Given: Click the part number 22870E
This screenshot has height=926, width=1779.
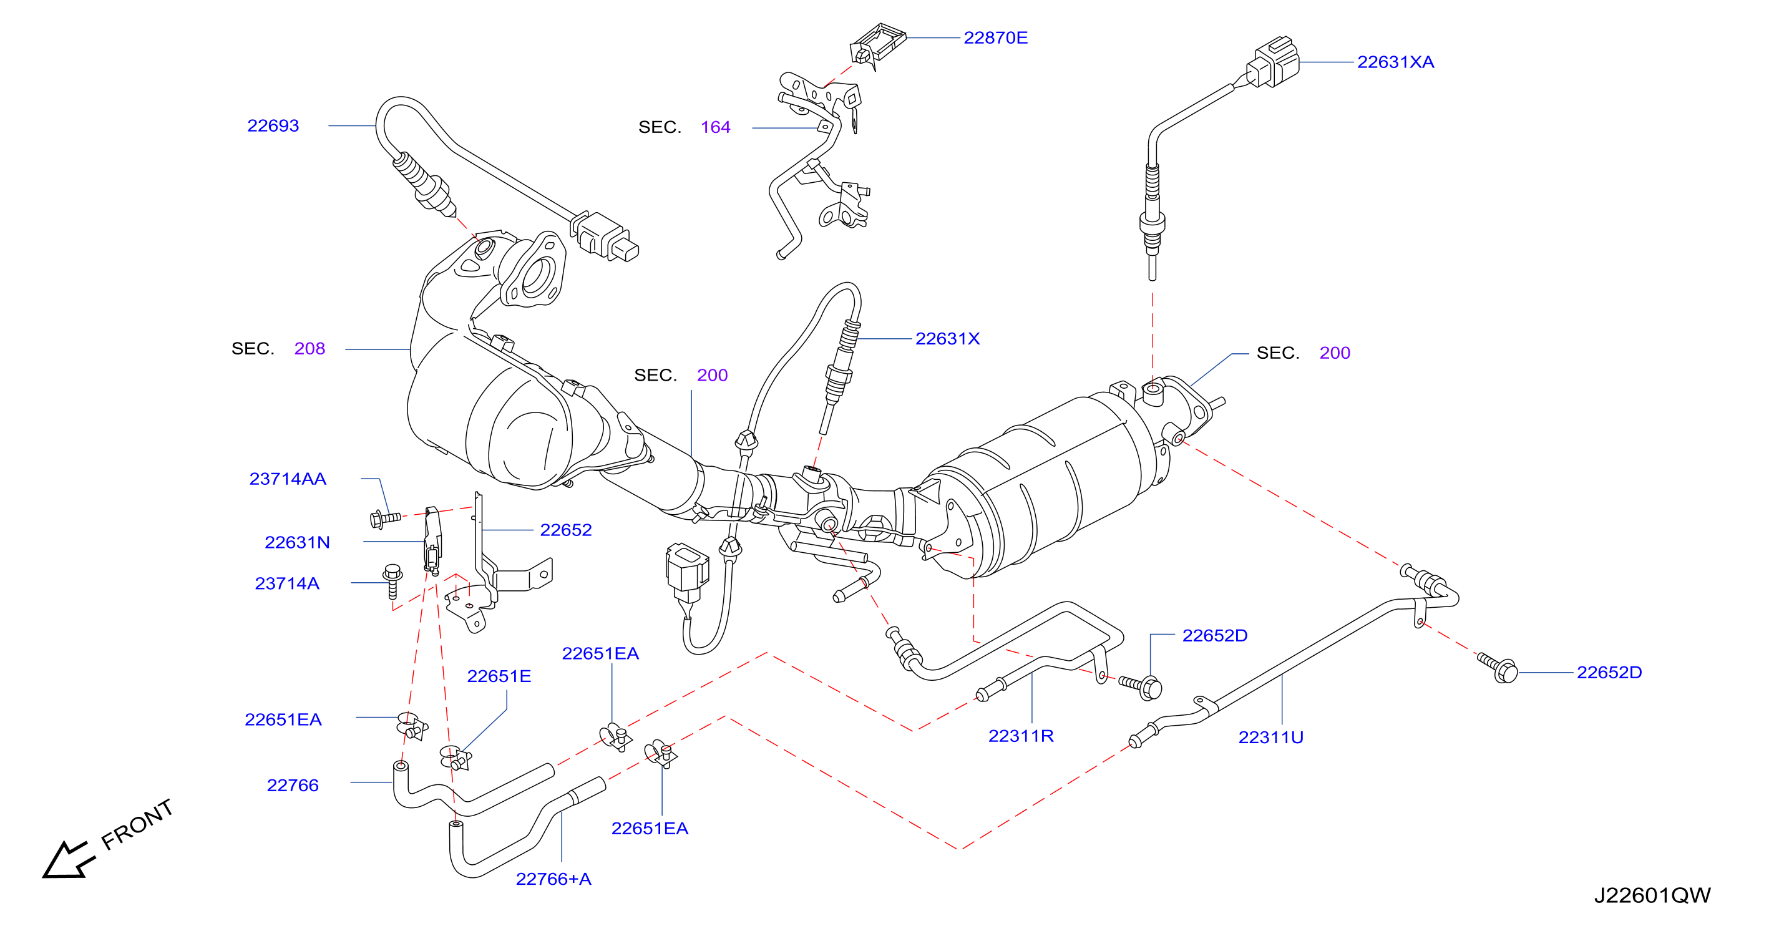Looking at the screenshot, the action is pos(995,38).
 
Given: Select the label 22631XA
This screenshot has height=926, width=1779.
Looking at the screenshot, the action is pos(1395,62).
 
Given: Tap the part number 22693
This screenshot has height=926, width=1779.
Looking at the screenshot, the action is pos(273,125).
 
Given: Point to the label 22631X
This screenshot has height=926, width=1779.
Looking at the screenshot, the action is pos(947,338).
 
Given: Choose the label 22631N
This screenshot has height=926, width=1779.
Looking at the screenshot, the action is pos(297,542).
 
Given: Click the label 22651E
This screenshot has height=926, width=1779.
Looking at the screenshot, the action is pos(499,676).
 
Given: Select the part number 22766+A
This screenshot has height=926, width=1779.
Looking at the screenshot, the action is pos(553,879).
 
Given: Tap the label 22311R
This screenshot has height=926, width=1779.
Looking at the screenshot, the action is pos(1021,736).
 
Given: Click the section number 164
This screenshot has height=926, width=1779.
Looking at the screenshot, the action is pos(716,127).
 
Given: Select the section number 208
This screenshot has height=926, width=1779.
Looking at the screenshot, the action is pos(309,349).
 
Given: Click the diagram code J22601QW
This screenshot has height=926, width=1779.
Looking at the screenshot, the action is pos(1652,895).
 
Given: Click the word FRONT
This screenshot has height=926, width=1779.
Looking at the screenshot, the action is pos(137,824).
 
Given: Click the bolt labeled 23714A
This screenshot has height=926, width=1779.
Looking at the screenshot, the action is pos(392,581).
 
